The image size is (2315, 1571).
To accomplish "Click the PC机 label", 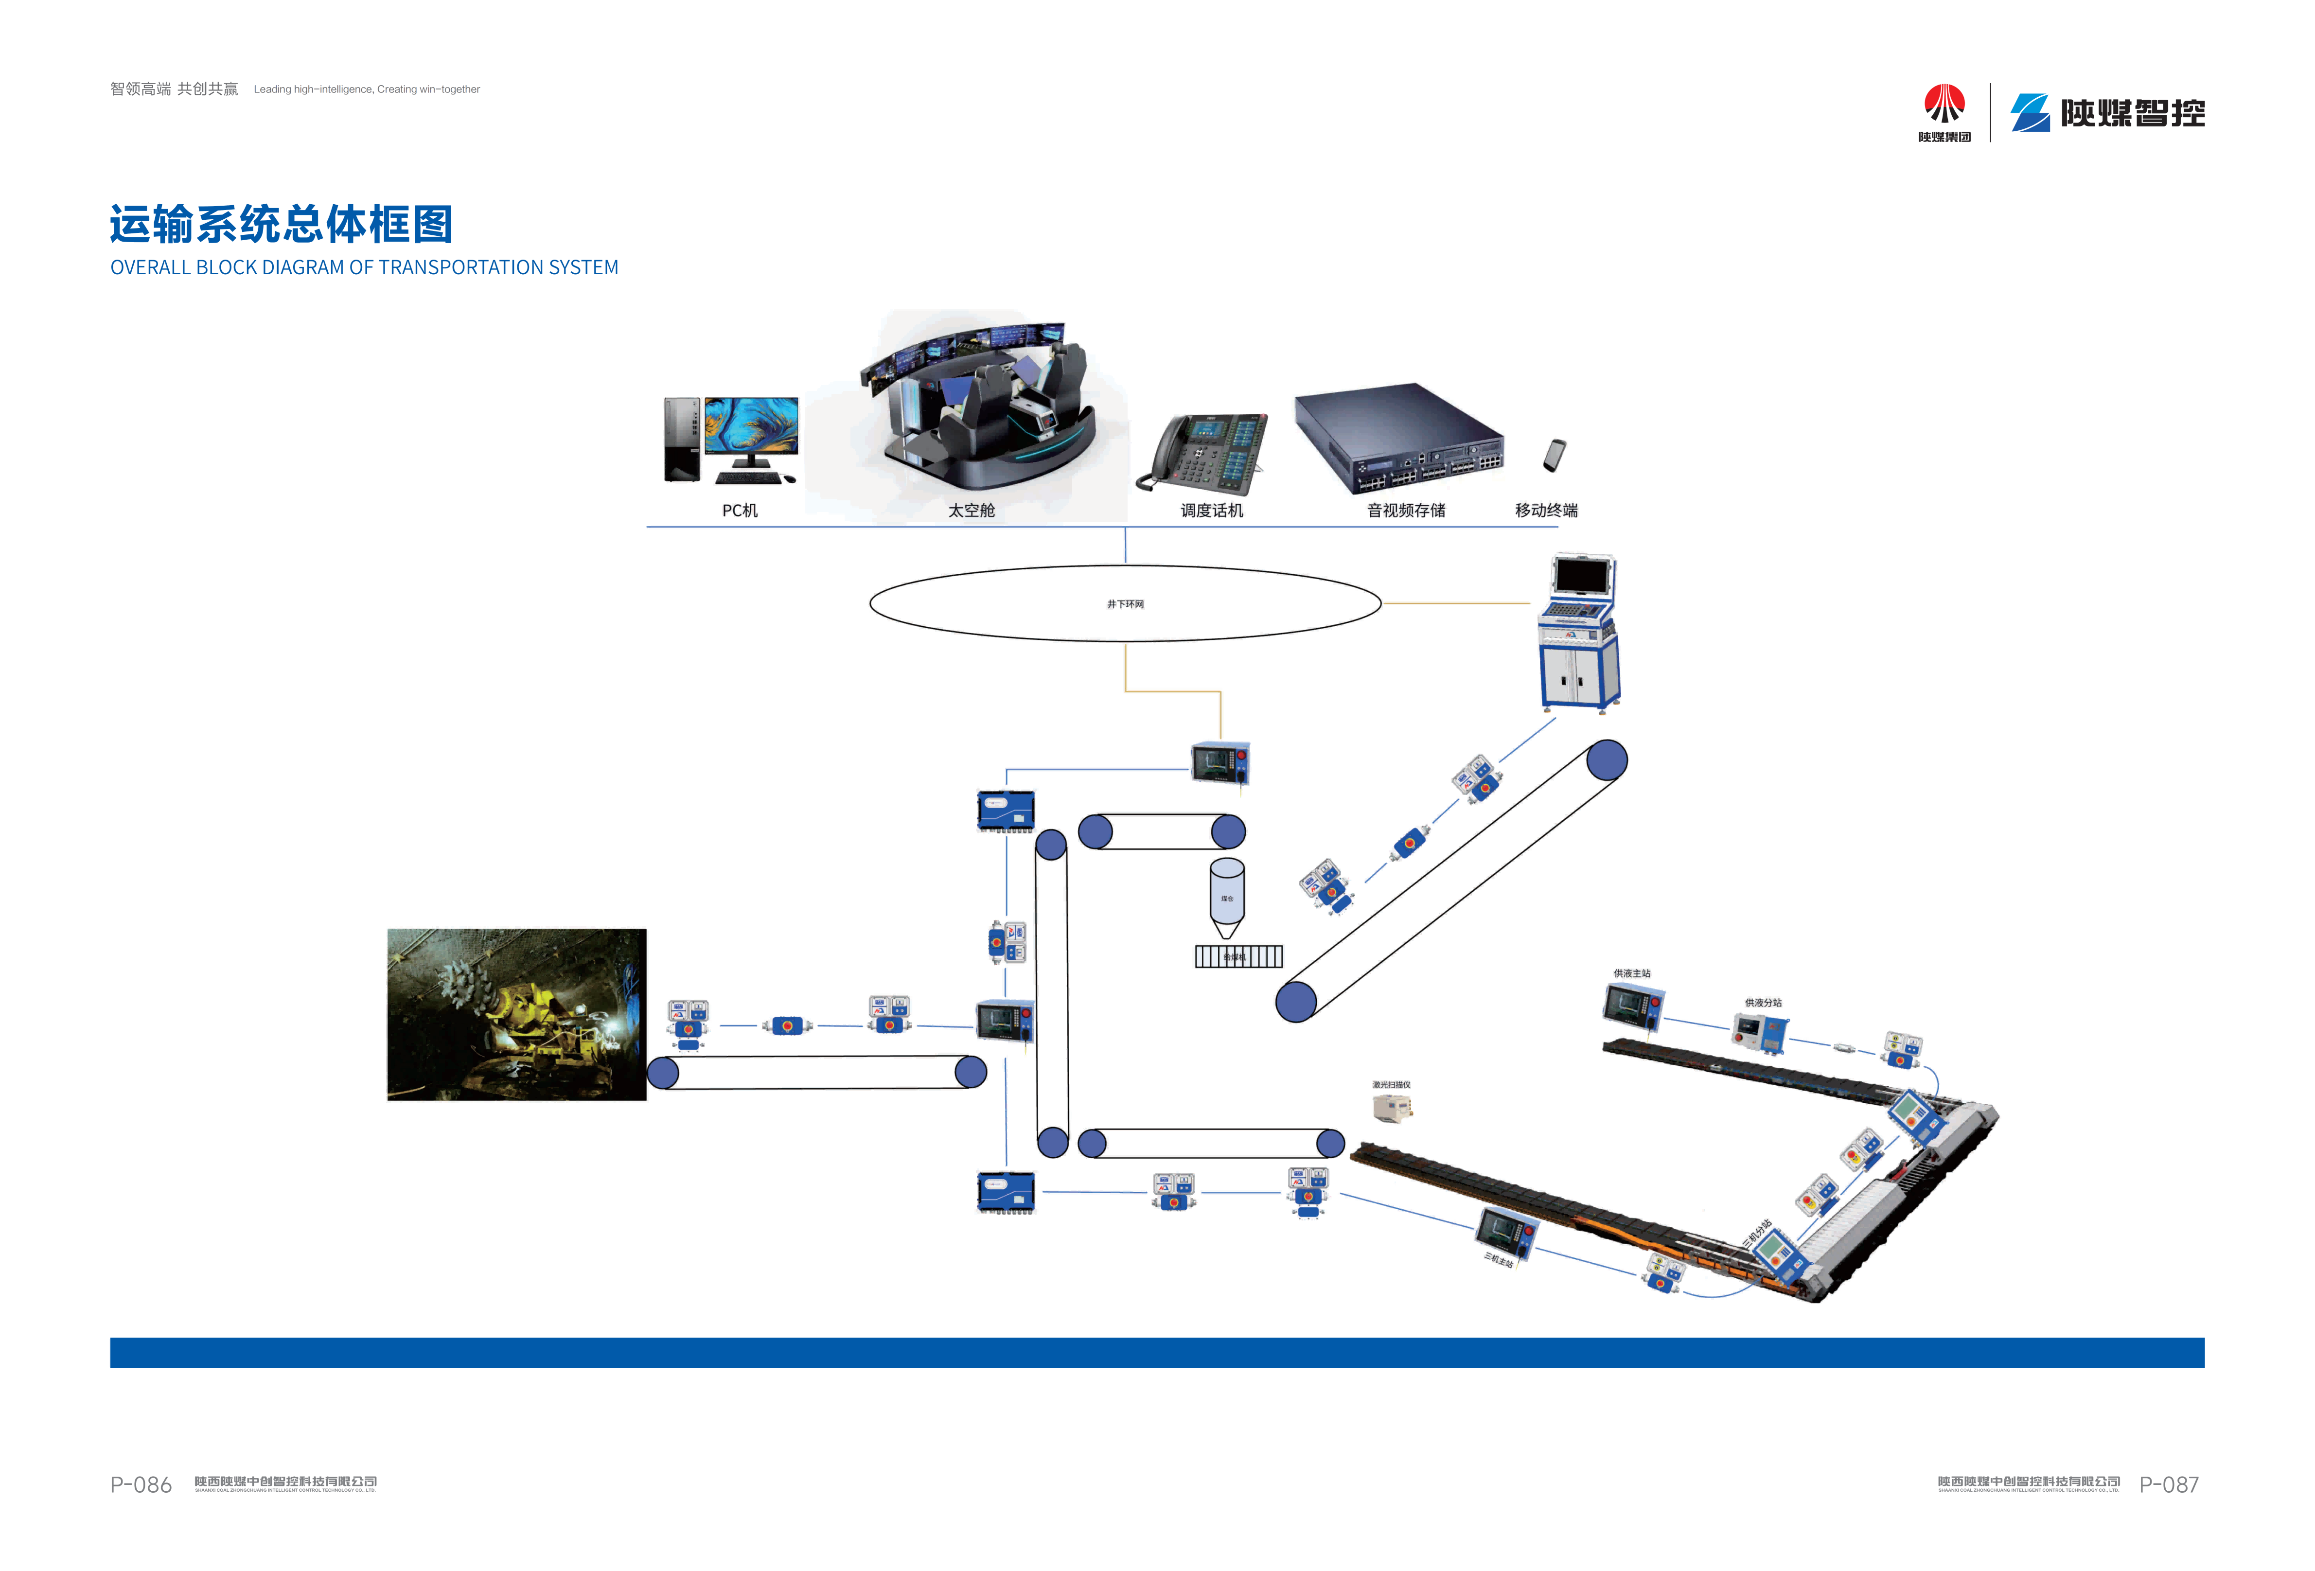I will [739, 510].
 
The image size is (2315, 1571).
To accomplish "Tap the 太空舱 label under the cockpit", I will [971, 510].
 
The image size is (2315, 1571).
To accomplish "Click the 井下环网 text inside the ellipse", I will [1125, 604].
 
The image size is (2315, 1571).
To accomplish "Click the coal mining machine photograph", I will [516, 1014].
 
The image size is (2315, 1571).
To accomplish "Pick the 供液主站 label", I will [1632, 973].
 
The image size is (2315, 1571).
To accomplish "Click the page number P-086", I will [141, 1484].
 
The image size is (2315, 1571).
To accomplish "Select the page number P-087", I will [2169, 1484].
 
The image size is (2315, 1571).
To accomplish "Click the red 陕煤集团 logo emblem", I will [1944, 105].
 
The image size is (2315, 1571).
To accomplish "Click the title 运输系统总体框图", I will [281, 224].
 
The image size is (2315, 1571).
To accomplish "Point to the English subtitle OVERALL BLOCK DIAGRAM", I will [364, 267].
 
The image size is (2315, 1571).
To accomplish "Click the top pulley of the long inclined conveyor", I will [1606, 760].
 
